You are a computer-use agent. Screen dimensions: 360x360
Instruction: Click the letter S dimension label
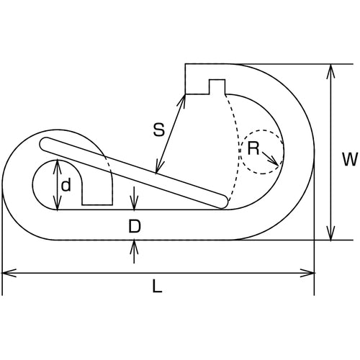[159, 130]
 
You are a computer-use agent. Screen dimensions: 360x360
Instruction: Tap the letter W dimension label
[350, 159]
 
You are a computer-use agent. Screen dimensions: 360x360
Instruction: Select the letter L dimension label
[157, 287]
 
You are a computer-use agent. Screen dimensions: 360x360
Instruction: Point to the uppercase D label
[134, 226]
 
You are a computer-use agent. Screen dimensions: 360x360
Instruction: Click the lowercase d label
[66, 185]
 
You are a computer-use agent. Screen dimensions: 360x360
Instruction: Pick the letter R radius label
[253, 148]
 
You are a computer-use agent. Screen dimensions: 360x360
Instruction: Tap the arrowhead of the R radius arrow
[275, 163]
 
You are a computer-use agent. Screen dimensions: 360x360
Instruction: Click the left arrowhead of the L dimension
[9, 273]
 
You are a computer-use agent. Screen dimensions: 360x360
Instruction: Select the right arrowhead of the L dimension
[307, 273]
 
